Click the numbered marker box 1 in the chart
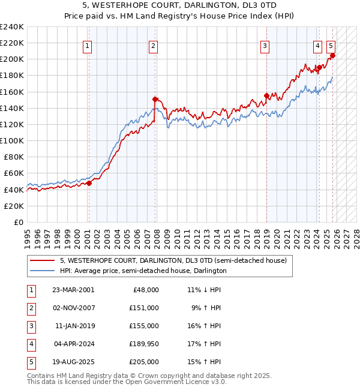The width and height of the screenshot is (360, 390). [88, 46]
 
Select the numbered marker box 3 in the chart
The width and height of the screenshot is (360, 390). [265, 46]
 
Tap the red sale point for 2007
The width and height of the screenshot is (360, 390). [155, 99]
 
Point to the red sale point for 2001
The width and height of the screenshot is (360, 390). [89, 183]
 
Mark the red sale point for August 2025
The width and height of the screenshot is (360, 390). [332, 55]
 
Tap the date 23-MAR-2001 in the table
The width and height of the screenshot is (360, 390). [73, 289]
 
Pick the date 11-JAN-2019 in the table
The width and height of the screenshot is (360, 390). [74, 326]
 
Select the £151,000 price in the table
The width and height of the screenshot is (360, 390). [145, 308]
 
